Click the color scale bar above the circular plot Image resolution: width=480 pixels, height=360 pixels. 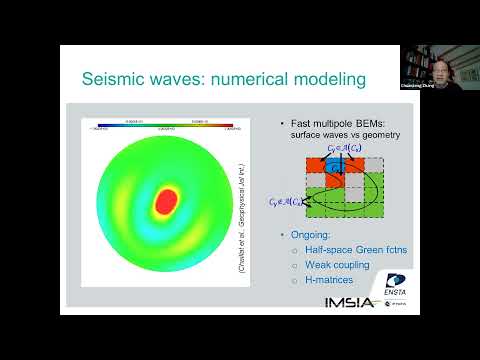(165, 126)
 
